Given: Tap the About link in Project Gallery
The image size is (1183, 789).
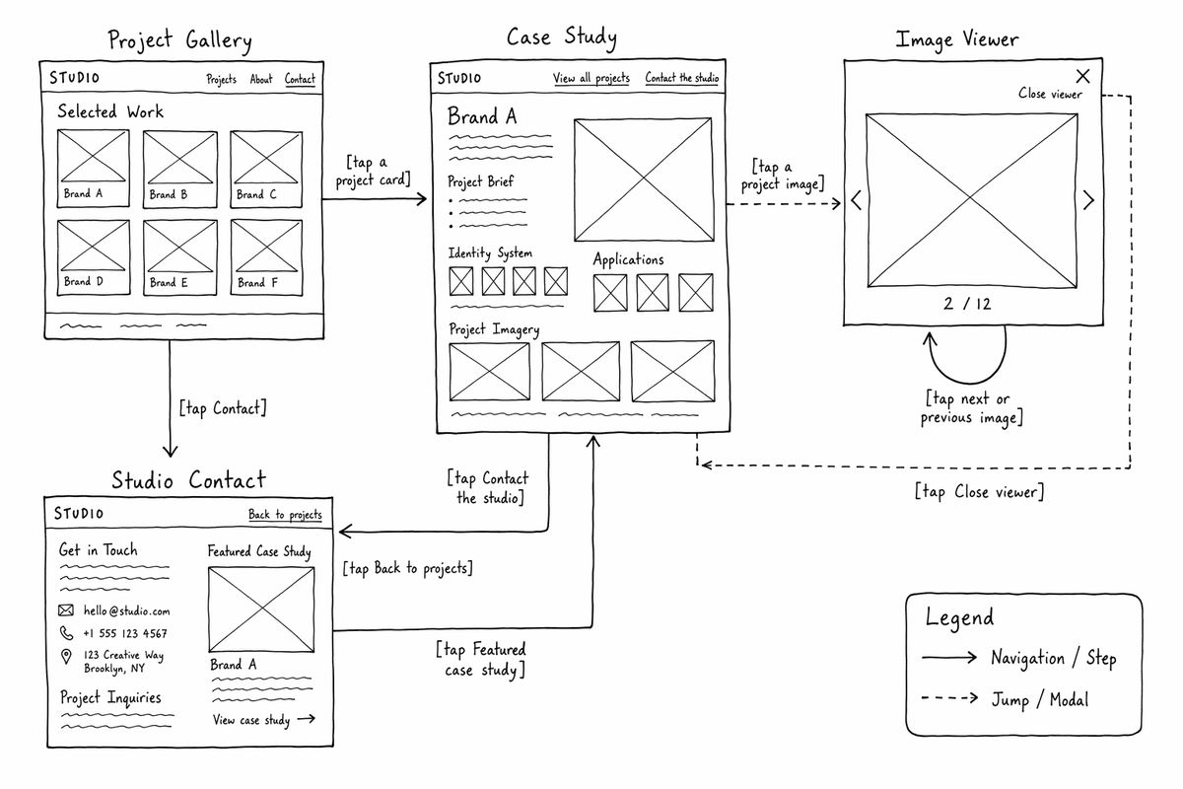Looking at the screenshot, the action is click(261, 79).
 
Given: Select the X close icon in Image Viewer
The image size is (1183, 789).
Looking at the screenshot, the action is click(1082, 76).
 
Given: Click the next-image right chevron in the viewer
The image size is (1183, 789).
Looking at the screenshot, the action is click(1088, 200).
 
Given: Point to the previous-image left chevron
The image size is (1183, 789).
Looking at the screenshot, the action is click(856, 200).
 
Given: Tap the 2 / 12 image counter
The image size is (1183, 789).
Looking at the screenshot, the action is click(967, 304).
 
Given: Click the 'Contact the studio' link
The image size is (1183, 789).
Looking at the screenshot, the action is click(682, 78).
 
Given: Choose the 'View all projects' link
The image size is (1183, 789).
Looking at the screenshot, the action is click(591, 78).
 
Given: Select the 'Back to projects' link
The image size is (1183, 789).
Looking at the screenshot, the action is click(285, 514).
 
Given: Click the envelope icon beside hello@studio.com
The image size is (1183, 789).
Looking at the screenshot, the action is click(65, 610).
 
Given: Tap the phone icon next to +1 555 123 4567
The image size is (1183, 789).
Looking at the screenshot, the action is click(66, 632).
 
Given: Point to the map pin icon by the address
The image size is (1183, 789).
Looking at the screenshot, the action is click(66, 657).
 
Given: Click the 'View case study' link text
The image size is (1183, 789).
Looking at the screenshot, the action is click(251, 720).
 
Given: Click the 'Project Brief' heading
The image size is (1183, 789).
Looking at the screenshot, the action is click(481, 181).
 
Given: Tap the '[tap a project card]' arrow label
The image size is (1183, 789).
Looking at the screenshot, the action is click(373, 171).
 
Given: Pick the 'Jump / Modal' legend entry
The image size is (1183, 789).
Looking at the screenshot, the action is click(1039, 699).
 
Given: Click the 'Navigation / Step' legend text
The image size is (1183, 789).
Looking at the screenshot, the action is click(1054, 658).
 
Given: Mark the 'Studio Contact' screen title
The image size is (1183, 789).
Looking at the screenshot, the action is click(188, 480).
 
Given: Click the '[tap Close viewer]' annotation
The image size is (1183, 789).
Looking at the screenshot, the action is click(979, 492).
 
